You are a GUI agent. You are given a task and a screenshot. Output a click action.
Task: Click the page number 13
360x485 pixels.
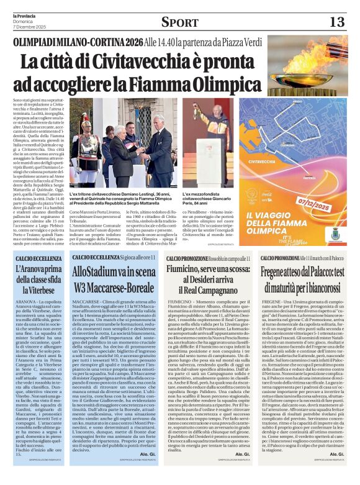coord(336,22)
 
